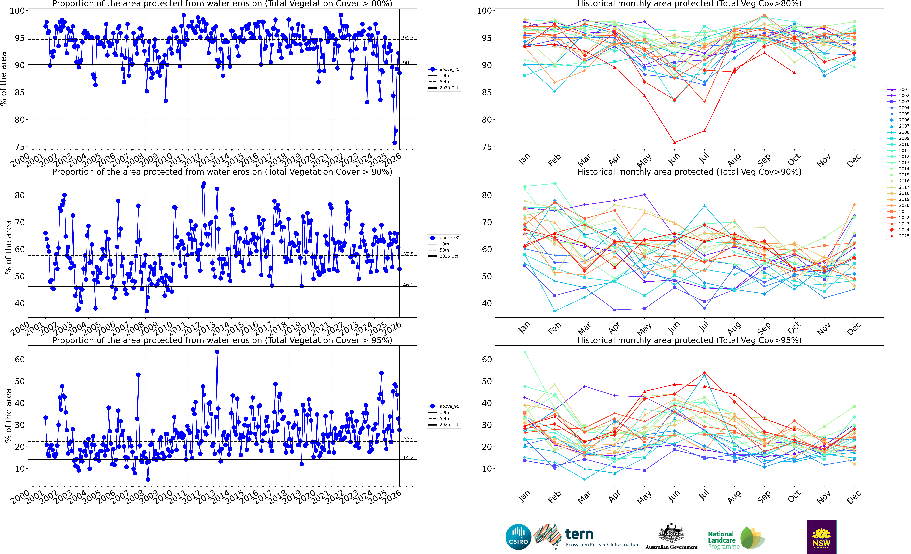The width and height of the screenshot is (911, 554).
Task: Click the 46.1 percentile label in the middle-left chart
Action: [408, 285]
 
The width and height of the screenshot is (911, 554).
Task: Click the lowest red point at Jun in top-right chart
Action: [674, 143]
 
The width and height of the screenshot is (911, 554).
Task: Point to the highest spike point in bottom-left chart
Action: [217, 352]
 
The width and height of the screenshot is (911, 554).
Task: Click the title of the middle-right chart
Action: [689, 172]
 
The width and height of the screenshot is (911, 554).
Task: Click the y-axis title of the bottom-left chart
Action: [8, 416]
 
